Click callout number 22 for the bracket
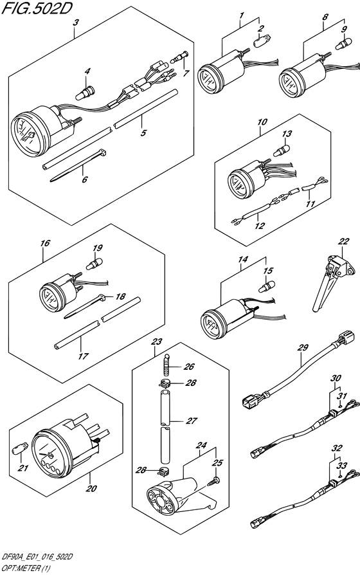click(345, 241)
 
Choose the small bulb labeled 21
click(21, 444)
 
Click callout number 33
click(342, 466)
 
